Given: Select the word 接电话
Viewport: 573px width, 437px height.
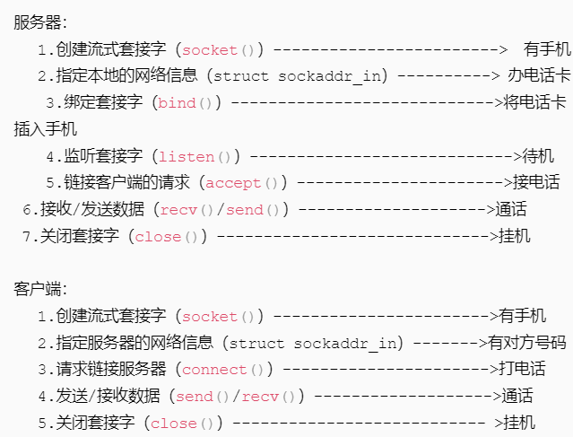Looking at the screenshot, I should (x=536, y=183).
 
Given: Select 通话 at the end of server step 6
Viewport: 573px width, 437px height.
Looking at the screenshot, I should (x=510, y=210).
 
